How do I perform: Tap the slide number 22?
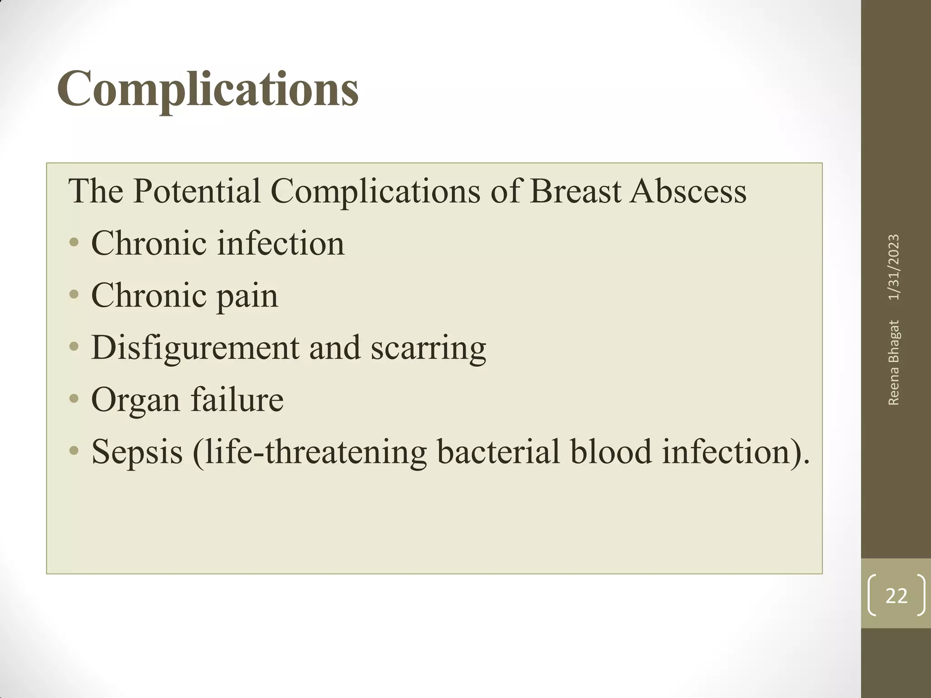click(896, 596)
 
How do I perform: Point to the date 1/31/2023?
click(894, 267)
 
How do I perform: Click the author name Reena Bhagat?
click(894, 362)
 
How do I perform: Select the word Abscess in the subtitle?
click(688, 191)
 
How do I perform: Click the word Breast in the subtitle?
click(576, 191)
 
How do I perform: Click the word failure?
click(237, 400)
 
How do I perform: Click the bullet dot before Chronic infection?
click(74, 244)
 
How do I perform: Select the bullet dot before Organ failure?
click(74, 400)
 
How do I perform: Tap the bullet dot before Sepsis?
click(74, 452)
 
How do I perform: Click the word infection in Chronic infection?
click(280, 244)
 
